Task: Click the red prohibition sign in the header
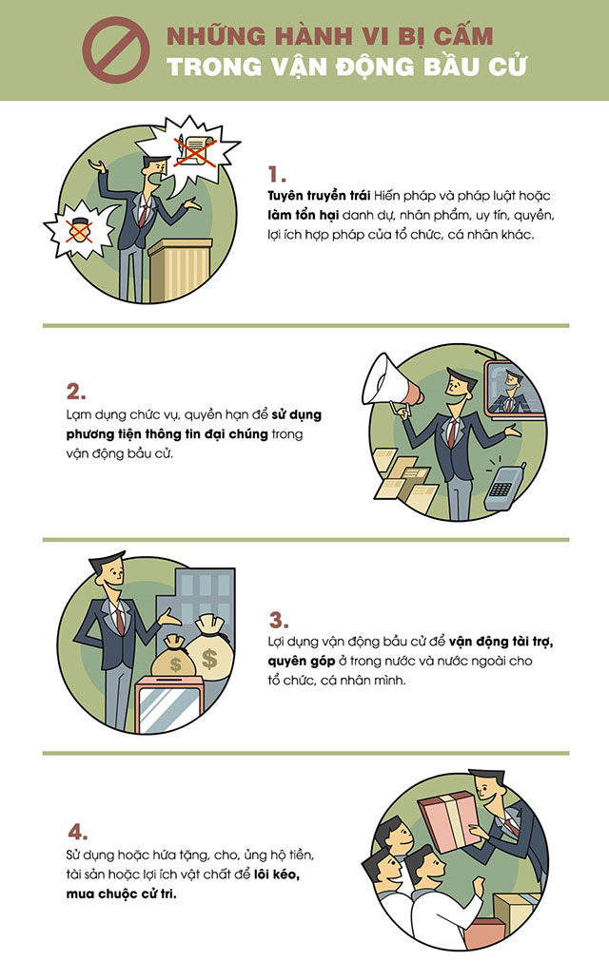coord(116,49)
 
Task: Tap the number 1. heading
coord(277,175)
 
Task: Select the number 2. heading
coord(76,392)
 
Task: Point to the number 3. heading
coord(279,620)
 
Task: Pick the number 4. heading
coord(77,832)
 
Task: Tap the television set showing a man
coord(514,387)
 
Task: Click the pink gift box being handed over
coord(449,821)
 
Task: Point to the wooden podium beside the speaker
coord(180,270)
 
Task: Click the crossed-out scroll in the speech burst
coord(194,149)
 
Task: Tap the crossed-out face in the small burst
coord(79,230)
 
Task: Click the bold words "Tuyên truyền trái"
coord(319,196)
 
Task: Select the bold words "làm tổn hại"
coord(303,216)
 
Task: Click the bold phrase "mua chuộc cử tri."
coord(122,894)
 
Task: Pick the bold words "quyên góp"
coord(301,662)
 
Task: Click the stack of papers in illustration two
coord(405,481)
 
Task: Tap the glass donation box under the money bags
coord(168,703)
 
